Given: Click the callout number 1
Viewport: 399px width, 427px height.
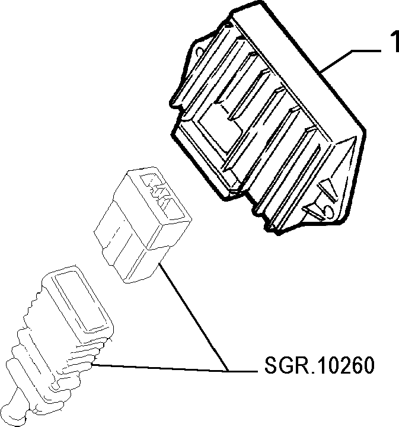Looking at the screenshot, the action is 394,41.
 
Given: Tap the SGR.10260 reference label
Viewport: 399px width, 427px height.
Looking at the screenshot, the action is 319,365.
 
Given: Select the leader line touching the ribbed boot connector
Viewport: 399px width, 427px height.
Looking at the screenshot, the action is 161,367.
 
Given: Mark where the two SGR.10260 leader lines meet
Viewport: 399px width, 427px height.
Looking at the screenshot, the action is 229,371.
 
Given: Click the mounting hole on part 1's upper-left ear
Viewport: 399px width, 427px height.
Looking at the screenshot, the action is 199,51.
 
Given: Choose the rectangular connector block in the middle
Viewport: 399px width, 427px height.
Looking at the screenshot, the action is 142,225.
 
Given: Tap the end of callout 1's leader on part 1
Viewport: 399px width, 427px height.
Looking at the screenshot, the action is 321,72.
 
